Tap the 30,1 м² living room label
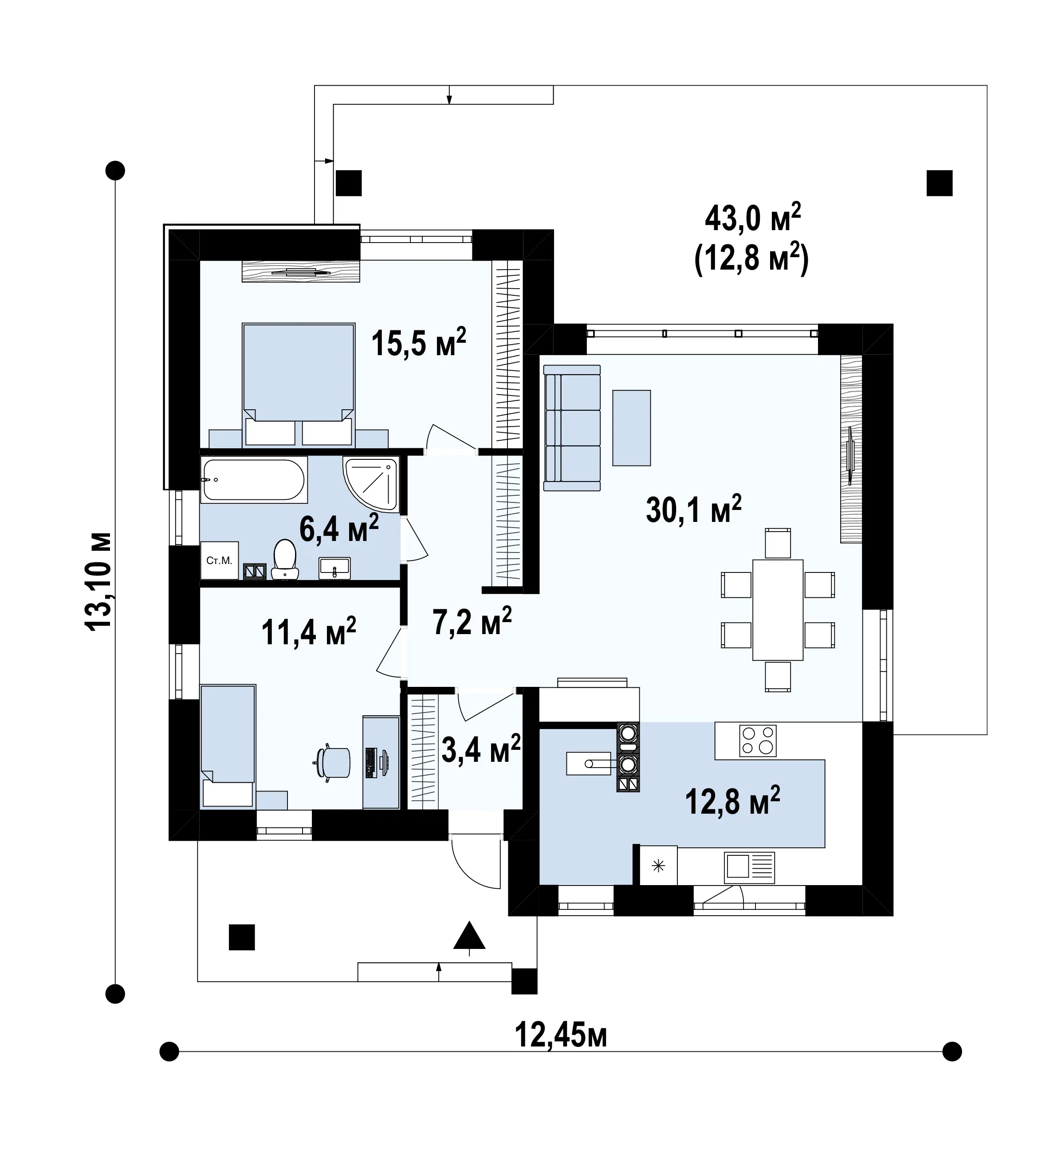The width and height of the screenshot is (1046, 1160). tap(694, 509)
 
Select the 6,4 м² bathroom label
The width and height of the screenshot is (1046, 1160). tap(339, 529)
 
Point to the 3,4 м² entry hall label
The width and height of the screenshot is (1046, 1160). tap(481, 749)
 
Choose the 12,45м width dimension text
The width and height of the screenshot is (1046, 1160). tap(561, 1035)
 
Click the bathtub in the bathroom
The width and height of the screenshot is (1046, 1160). tap(253, 480)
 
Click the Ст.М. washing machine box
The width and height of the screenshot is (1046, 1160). tap(220, 560)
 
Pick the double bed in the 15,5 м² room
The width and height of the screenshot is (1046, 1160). tap(298, 384)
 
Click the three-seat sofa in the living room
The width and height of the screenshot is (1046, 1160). tap(572, 428)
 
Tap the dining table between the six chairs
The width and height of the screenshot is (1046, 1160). tap(778, 610)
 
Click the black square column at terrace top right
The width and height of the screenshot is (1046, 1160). tap(940, 183)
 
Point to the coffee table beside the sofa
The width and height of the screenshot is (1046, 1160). tap(632, 428)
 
